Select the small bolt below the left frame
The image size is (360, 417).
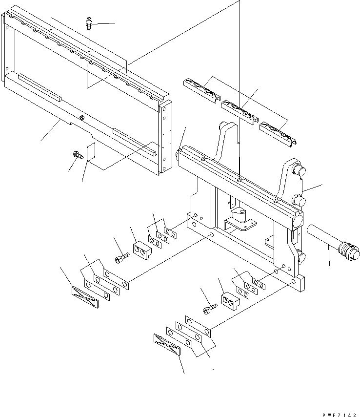(77, 155)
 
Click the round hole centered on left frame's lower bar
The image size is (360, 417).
(81, 118)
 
